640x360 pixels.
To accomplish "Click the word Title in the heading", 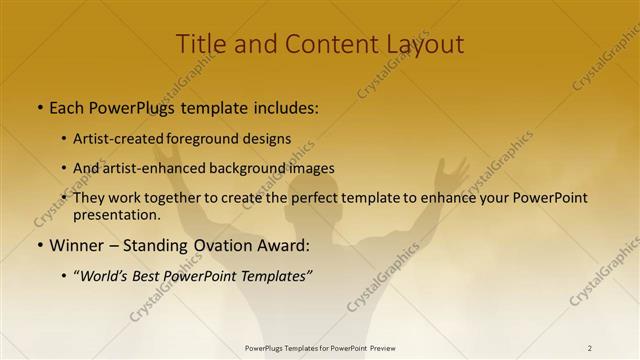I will [x=200, y=44].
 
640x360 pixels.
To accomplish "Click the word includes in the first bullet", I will [x=283, y=106].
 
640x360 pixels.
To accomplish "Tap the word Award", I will [x=282, y=245].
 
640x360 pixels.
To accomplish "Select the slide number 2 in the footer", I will [x=590, y=348].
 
